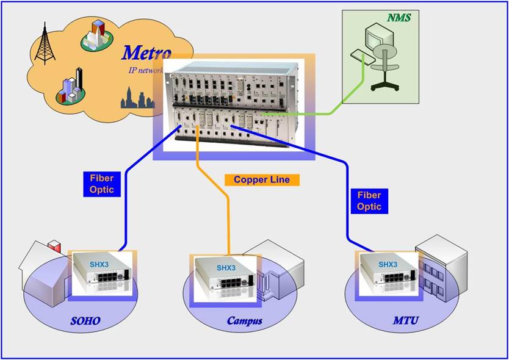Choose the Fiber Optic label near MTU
click(369, 201)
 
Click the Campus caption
click(245, 320)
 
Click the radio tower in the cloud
click(44, 43)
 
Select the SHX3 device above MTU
click(388, 272)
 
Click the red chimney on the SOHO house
click(56, 247)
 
